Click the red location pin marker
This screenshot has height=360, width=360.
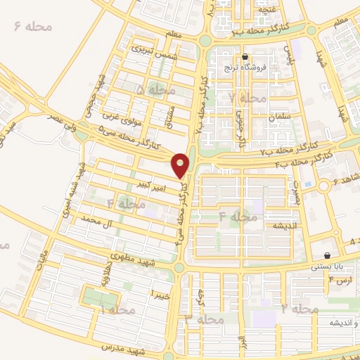181,164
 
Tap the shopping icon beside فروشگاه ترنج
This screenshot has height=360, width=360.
245,58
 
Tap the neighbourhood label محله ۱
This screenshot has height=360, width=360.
117,310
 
